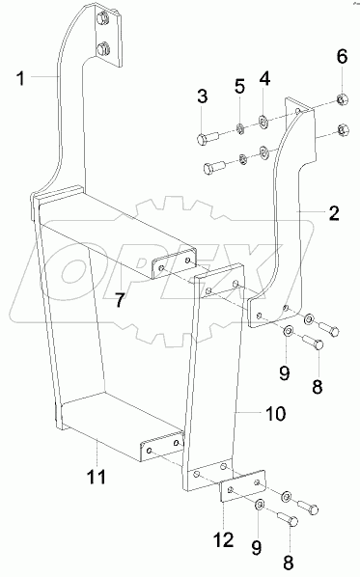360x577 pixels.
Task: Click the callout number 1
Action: [20, 76]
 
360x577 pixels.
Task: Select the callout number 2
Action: [332, 214]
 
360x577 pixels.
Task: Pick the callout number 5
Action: [239, 88]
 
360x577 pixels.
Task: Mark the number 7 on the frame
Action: [121, 300]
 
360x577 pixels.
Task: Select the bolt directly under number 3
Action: [206, 138]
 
